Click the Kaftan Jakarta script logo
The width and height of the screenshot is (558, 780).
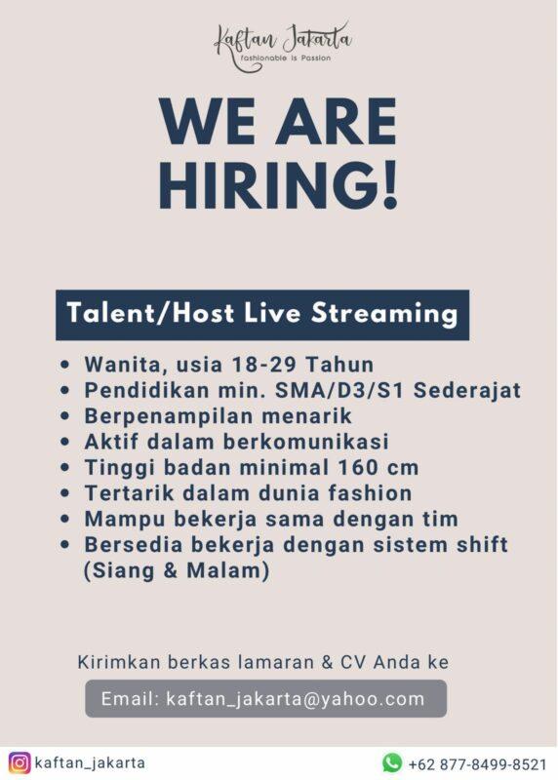click(x=282, y=42)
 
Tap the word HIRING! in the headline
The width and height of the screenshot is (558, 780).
click(x=278, y=185)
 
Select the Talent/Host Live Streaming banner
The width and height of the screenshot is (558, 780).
click(x=261, y=314)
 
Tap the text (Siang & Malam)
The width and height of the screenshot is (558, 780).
click(x=177, y=571)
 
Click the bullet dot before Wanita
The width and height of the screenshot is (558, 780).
click(x=64, y=367)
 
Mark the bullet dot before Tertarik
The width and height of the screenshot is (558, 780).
click(x=64, y=494)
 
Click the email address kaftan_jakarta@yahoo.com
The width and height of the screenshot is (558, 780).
click(x=296, y=699)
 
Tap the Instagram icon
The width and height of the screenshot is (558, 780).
click(x=20, y=762)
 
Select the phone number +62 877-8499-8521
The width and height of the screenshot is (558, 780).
click(x=477, y=763)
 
